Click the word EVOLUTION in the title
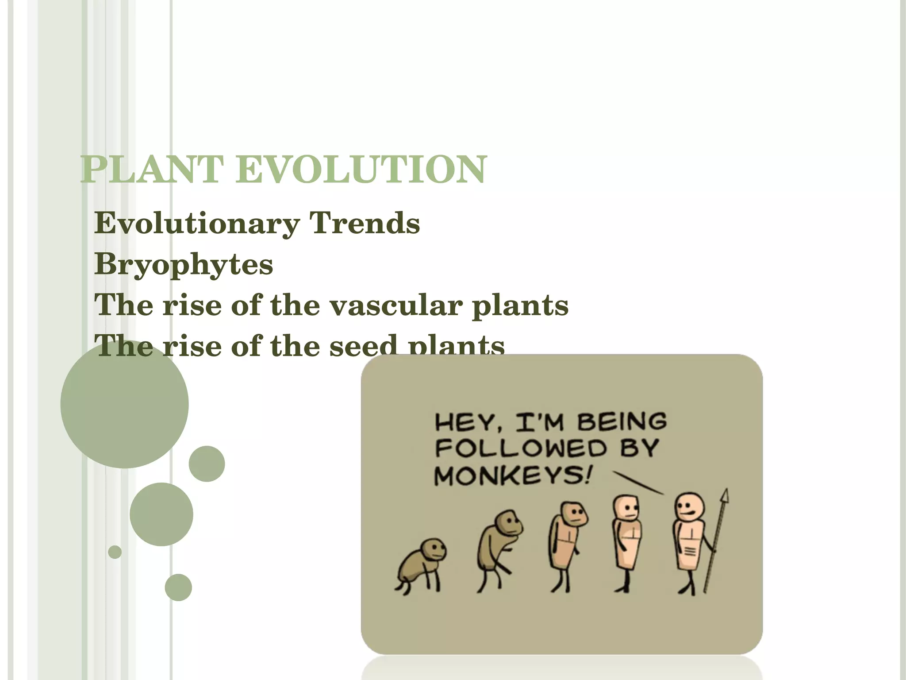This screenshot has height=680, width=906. (x=361, y=170)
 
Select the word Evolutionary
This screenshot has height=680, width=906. (x=197, y=224)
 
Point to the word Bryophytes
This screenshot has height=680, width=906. (x=184, y=265)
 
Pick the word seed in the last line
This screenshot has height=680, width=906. (x=363, y=346)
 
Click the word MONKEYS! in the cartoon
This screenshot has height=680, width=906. (x=512, y=476)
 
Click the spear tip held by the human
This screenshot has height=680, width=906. (x=724, y=496)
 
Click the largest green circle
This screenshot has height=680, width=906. (x=125, y=404)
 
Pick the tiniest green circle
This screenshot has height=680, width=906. (x=115, y=552)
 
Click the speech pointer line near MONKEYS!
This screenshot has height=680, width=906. (x=638, y=483)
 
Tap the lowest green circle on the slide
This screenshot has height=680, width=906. (x=178, y=587)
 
